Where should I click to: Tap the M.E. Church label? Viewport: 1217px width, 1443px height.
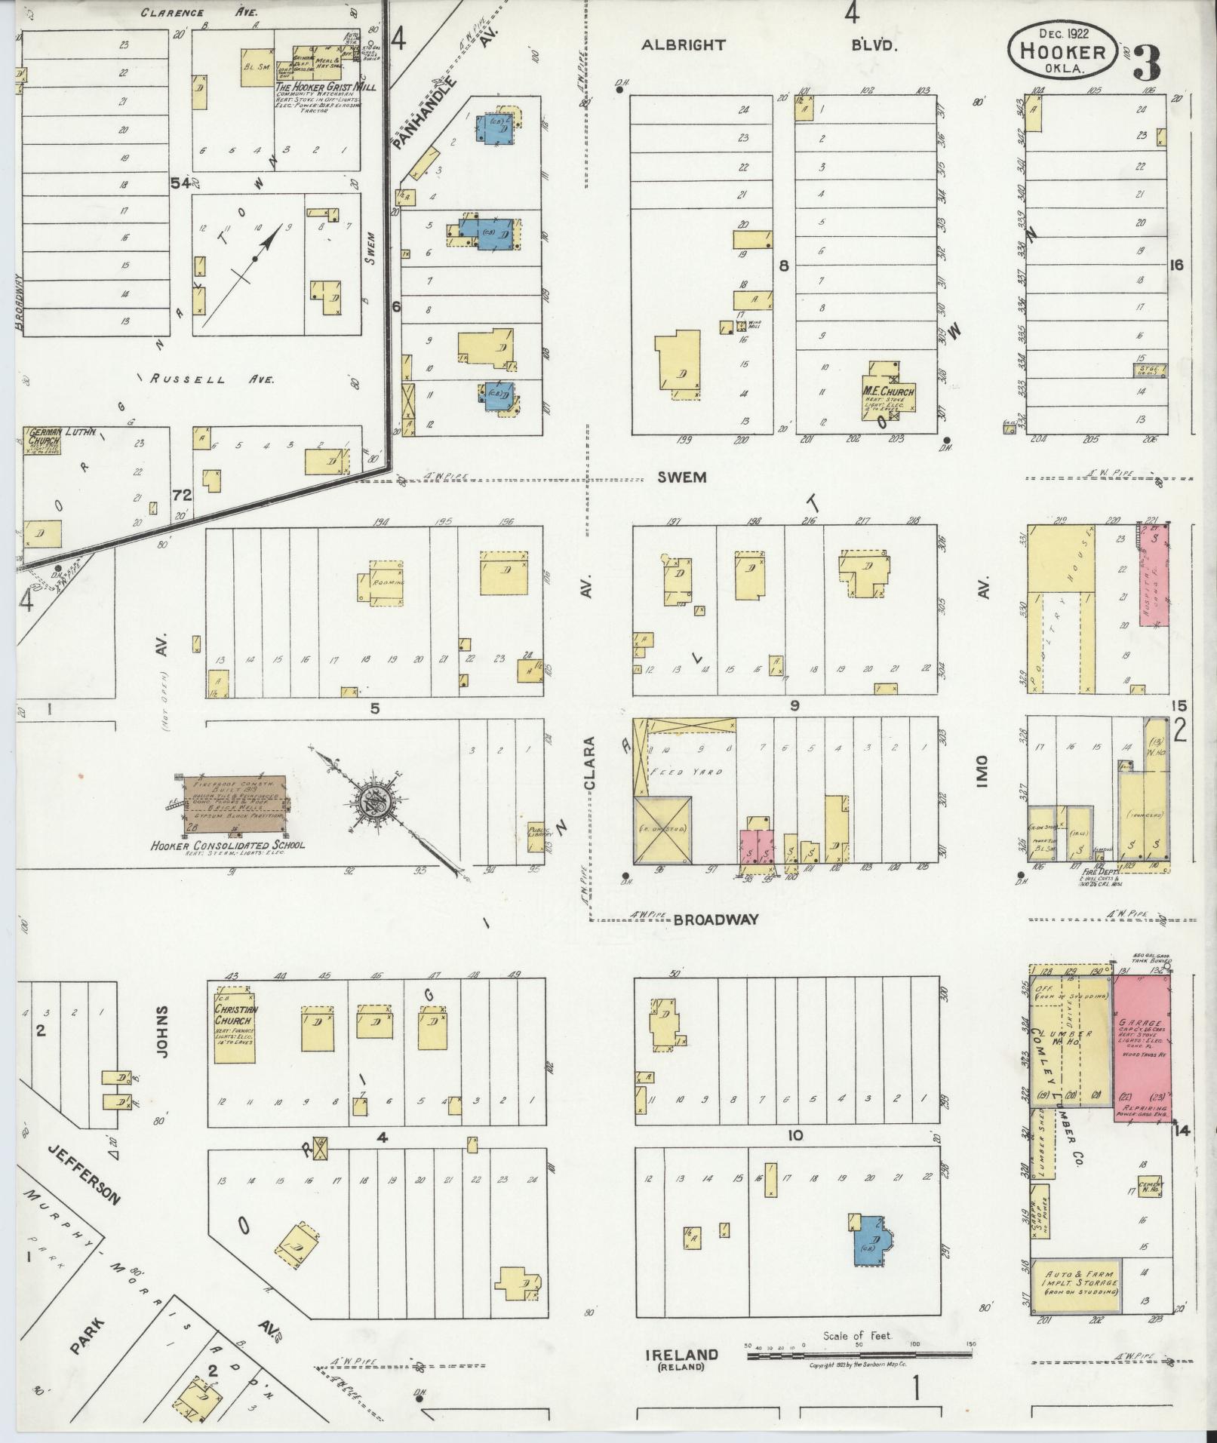coord(888,392)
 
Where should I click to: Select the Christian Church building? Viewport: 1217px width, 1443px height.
coord(236,1024)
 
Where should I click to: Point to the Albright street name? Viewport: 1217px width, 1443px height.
coord(683,45)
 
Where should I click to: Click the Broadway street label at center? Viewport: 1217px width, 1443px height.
coord(715,920)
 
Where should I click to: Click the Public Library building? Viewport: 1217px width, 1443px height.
coord(536,830)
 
